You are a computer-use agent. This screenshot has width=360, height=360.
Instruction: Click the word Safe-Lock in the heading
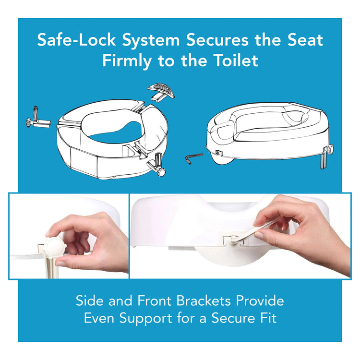[76, 40]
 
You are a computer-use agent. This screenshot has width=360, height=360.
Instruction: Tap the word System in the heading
[151, 41]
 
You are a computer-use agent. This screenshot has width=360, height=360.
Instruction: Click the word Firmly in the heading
[127, 61]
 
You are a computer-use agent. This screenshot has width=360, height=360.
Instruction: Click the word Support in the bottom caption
[146, 319]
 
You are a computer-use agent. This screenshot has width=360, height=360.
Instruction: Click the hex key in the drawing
[193, 158]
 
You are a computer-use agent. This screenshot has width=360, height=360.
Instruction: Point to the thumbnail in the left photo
[61, 264]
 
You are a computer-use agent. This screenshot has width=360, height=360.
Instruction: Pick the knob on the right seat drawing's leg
[330, 149]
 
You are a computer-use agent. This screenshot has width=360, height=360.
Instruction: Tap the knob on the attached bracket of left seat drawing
[162, 172]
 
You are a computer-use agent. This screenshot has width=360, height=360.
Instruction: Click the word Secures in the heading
[217, 40]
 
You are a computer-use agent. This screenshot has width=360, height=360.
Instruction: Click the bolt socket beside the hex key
[218, 152]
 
